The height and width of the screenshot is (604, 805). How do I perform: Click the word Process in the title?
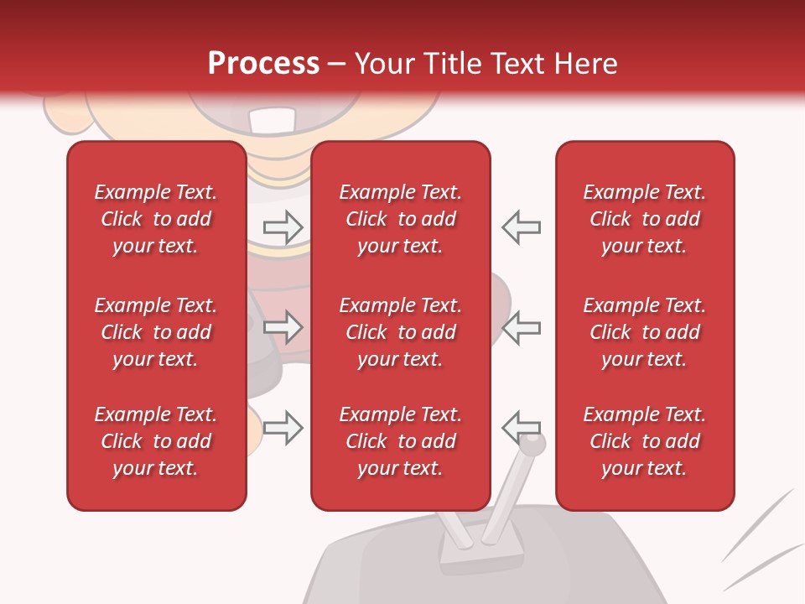(x=263, y=64)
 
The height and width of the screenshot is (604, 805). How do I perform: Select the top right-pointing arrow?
(x=283, y=226)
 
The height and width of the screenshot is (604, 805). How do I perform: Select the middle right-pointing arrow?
(x=283, y=327)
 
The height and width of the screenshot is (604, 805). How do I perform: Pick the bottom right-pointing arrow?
(x=283, y=428)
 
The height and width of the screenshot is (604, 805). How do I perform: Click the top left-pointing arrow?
(x=522, y=226)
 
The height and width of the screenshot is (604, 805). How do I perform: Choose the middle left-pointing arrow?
(x=522, y=327)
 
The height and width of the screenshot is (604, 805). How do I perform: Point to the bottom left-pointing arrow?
(x=522, y=427)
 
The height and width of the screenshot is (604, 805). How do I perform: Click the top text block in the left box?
(x=156, y=219)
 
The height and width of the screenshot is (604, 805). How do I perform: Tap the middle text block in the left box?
(x=156, y=332)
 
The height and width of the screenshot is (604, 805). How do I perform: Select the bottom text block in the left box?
(x=156, y=441)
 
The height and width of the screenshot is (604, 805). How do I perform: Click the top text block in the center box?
(x=401, y=219)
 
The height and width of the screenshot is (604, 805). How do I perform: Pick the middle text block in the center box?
(x=401, y=332)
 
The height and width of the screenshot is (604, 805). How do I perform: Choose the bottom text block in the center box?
(x=401, y=441)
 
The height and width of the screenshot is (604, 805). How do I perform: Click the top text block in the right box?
(x=645, y=219)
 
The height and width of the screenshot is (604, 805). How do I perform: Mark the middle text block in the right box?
(x=645, y=332)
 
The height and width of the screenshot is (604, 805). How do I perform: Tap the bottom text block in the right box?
(x=645, y=441)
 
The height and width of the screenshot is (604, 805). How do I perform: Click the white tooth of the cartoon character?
(x=272, y=121)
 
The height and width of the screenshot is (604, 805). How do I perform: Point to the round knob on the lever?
(x=535, y=443)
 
